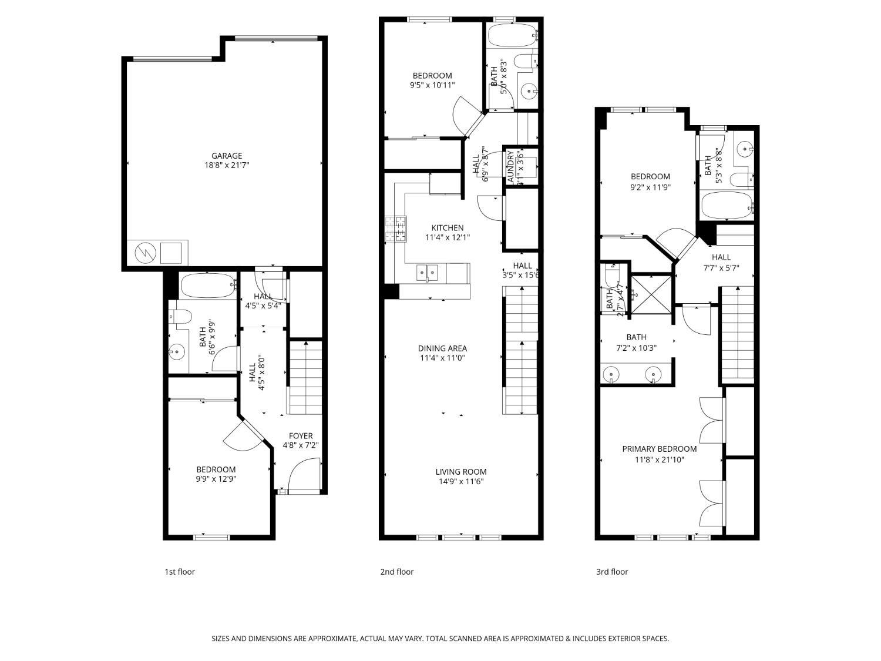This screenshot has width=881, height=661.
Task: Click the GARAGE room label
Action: coord(227,156)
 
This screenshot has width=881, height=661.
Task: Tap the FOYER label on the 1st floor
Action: coord(301,436)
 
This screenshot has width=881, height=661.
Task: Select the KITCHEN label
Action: coord(448,228)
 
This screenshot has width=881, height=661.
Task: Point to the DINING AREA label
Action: coord(443,348)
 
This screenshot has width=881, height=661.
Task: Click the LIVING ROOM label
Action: coord(461,472)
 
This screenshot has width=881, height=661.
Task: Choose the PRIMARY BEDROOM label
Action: coord(660,449)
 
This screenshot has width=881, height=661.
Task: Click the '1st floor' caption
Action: coord(180,572)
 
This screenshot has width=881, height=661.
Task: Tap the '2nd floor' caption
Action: coord(397,572)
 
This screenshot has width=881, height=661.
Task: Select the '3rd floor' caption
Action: coord(612,572)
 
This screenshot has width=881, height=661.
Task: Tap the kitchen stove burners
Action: coord(396,229)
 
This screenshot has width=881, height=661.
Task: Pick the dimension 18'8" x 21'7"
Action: coord(227,165)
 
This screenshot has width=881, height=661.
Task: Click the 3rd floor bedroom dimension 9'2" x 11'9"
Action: coord(650,187)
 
